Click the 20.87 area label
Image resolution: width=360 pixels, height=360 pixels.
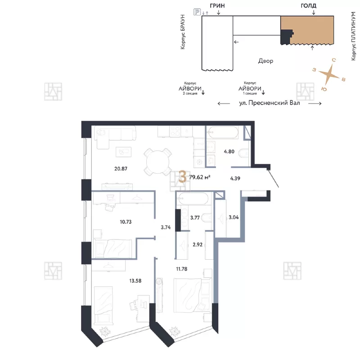121,169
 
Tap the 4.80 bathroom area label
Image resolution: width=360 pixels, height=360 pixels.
229,152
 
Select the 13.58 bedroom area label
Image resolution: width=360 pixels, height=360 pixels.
135,281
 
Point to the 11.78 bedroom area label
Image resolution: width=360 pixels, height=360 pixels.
182,269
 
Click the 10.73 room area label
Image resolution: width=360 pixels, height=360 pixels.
126,222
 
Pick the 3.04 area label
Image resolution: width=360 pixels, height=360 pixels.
234,217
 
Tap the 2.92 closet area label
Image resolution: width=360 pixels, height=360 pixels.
198,245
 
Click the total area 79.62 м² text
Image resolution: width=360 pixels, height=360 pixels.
200,177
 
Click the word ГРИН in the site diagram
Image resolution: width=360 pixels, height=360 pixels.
217,6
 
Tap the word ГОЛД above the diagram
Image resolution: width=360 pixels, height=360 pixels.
308,6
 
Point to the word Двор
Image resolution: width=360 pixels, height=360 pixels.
265,61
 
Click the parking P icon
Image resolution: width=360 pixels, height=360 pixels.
197,12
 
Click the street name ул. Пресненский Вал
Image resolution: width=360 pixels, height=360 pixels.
270,103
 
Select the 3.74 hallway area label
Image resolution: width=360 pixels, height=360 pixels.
166,228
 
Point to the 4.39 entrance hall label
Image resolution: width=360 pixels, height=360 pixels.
235,178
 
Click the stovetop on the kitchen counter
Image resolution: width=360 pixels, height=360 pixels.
175,131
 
